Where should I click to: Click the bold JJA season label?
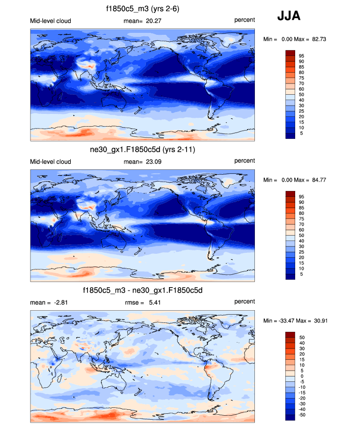289,16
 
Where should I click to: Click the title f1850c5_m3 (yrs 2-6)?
142,8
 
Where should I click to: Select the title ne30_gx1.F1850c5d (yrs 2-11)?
142,150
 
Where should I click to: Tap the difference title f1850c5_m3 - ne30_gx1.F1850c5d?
142,291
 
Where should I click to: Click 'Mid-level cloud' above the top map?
51,21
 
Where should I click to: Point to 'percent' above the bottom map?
245,302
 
